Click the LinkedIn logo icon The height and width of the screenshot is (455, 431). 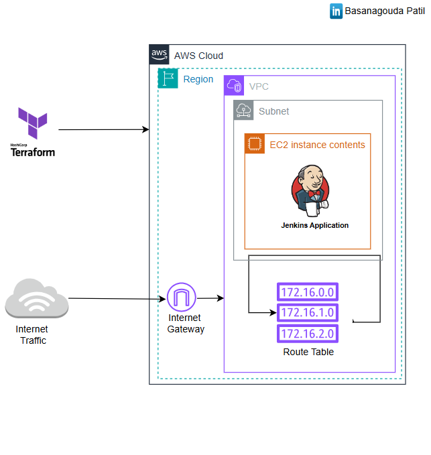coord(336,11)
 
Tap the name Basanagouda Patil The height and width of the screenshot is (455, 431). coord(385,11)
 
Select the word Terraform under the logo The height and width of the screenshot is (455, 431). coord(32,152)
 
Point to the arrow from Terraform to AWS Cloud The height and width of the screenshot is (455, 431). coord(104,129)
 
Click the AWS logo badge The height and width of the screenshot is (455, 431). coord(159,54)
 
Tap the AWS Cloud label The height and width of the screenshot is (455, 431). coord(198,56)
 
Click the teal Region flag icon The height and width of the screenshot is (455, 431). coord(167,78)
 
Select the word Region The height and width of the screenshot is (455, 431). coord(198,79)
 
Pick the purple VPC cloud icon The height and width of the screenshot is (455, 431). coord(234,85)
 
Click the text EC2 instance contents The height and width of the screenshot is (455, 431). coord(317,145)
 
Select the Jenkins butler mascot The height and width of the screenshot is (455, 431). coord(309,190)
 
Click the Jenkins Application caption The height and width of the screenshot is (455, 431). coord(314,225)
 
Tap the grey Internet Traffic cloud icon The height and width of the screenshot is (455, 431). coord(36,299)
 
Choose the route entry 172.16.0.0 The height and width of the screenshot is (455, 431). coord(308,291)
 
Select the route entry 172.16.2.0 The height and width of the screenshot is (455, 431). coord(308,333)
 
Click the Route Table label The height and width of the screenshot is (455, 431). coord(308,352)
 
